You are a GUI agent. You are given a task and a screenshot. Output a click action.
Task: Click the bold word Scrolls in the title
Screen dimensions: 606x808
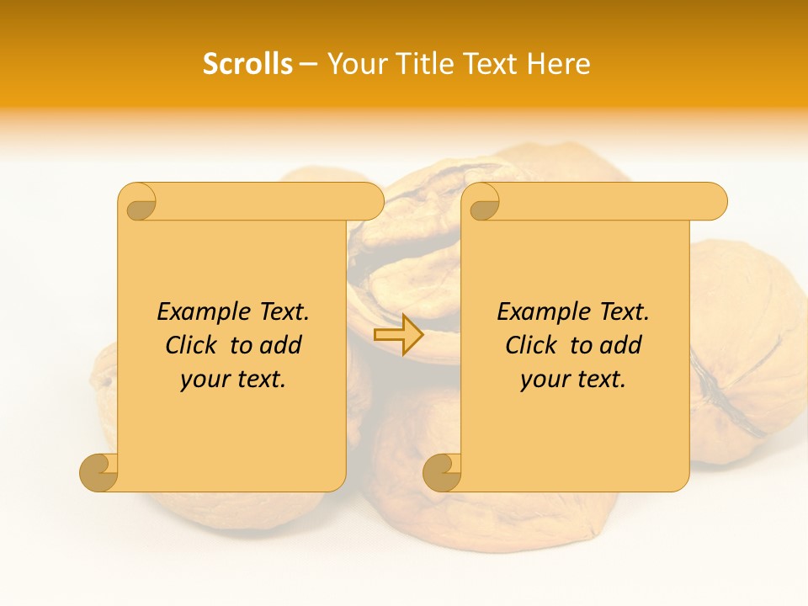pos(247,64)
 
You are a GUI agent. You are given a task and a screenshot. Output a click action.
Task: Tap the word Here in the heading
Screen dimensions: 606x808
pos(558,64)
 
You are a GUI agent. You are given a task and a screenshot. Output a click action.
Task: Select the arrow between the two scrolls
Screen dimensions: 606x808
pos(398,335)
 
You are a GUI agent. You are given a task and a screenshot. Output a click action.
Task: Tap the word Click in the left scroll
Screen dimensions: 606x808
pos(192,345)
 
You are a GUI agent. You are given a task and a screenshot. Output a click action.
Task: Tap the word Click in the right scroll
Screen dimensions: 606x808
pos(532,345)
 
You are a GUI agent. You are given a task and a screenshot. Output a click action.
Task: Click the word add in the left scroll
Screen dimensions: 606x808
pos(281,345)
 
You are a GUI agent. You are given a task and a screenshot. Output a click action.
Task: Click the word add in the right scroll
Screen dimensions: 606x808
pos(621,345)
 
